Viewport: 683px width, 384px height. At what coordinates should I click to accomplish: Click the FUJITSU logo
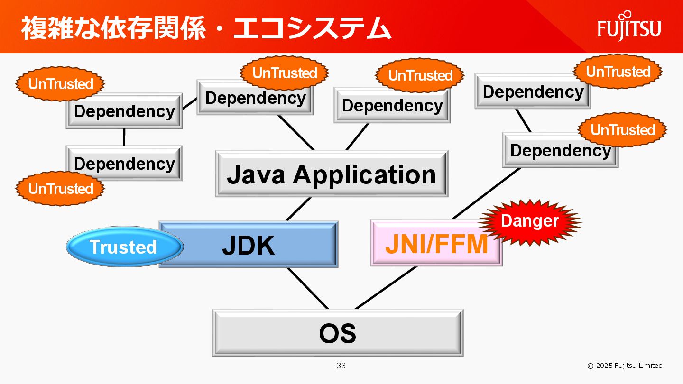pos(629,27)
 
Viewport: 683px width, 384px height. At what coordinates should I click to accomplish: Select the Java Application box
pos(332,174)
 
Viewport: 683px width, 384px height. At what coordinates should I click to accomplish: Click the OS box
pos(338,333)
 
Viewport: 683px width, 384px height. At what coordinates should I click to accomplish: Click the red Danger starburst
pos(530,221)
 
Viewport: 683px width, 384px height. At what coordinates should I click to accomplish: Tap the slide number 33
pos(341,366)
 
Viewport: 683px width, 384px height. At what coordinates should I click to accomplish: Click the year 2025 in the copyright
pos(604,366)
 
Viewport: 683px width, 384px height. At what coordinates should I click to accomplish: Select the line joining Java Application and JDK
pos(298,209)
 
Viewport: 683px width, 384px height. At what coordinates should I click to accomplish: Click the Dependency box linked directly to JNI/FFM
pos(560,150)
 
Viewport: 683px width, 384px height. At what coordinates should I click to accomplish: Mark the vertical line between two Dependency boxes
pos(124,137)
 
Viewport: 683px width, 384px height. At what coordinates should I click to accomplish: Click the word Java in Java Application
pos(256,174)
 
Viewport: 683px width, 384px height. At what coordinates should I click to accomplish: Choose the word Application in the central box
pos(364,174)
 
